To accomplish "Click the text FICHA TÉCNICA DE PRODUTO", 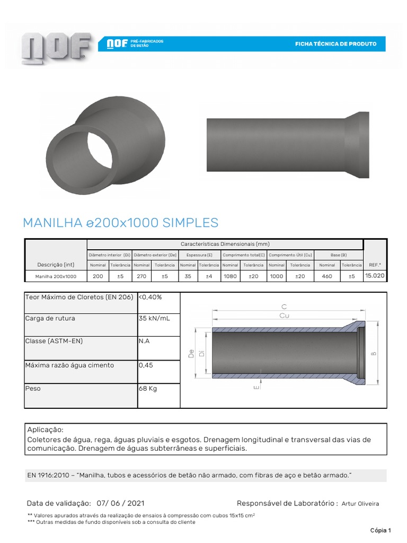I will (335, 44).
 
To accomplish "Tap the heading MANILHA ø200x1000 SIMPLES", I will (120, 222).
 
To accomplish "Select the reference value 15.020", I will (375, 276).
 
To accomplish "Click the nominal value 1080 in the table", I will (230, 276).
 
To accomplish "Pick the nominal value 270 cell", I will (141, 276).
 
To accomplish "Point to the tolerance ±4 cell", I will (209, 276).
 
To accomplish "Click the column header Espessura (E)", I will (199, 255).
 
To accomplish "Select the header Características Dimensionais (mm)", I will (225, 244).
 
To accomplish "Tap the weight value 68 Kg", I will (148, 389).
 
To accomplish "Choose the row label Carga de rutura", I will (50, 318).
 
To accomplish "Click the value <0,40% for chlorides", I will (150, 297).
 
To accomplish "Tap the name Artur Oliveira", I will (360, 504).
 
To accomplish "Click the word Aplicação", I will (45, 430).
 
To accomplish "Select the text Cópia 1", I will (380, 530).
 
